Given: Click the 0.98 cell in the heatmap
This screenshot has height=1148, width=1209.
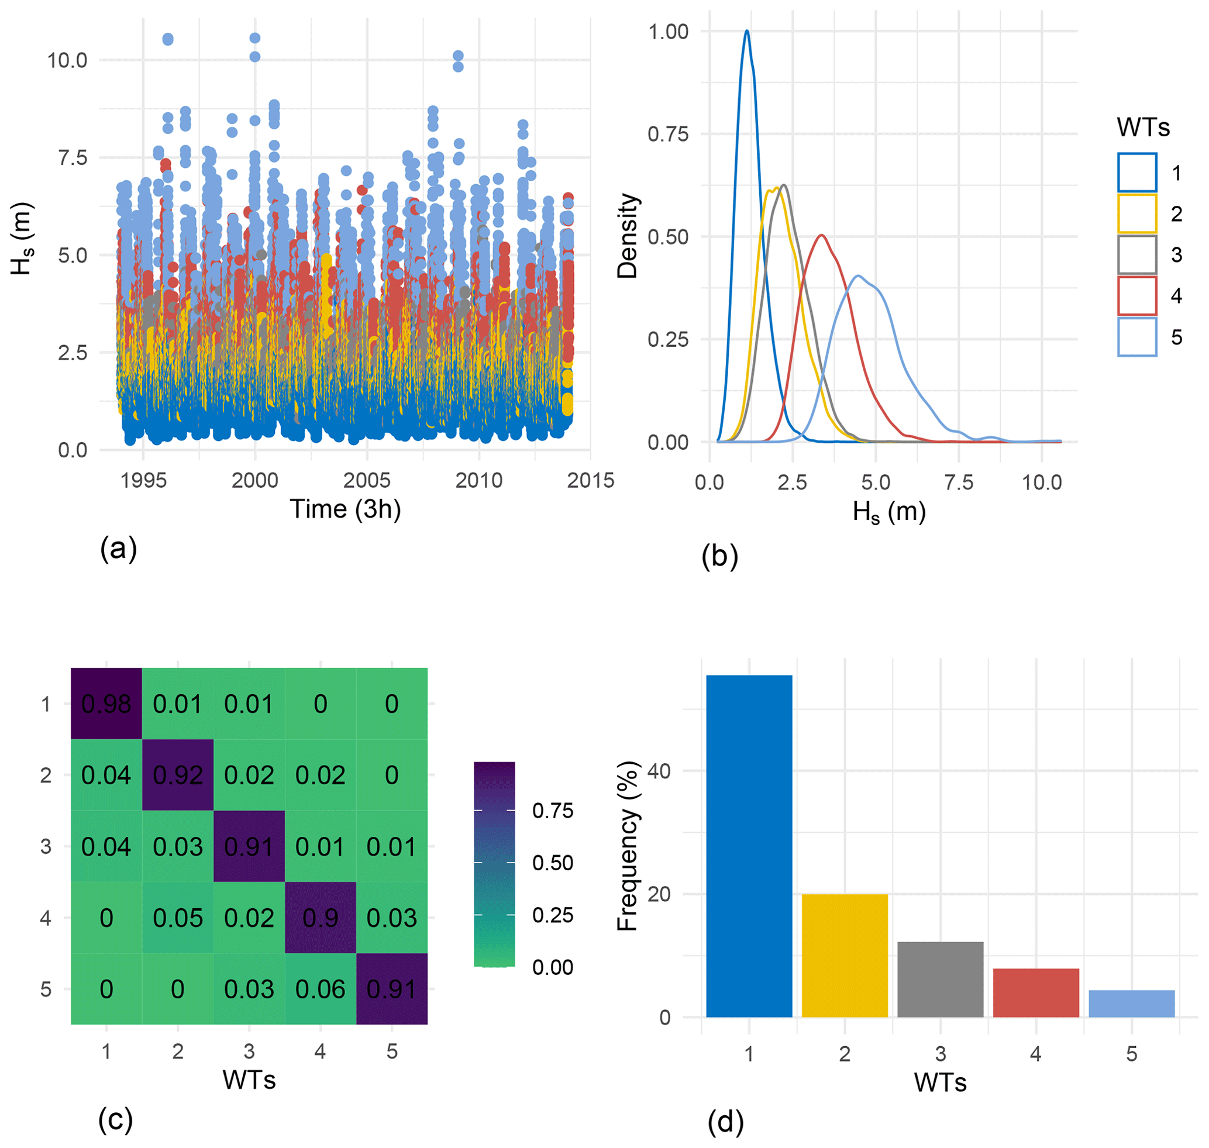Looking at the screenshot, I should [106, 704].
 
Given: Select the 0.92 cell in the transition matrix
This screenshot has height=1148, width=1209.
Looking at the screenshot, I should [178, 775].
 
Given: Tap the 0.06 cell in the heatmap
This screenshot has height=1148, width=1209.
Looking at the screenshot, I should [320, 989].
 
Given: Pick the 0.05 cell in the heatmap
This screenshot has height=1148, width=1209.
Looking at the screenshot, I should [178, 918].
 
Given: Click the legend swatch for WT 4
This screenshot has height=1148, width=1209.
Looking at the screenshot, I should [1137, 296].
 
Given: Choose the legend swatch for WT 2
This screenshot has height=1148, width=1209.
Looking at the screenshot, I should [1137, 214].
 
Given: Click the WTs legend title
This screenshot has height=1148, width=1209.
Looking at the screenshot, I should [1143, 127].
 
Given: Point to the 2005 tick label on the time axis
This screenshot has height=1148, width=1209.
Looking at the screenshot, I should [367, 480].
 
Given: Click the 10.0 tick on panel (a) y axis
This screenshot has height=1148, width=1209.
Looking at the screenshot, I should [67, 61].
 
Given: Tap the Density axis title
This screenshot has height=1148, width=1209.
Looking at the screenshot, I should [628, 236].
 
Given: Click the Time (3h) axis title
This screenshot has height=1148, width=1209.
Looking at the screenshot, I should [345, 509].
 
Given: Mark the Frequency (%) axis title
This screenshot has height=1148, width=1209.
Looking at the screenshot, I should [628, 847].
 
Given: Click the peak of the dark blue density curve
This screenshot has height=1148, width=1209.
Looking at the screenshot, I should [747, 30].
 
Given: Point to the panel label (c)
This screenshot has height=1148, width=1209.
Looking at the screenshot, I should [115, 1119].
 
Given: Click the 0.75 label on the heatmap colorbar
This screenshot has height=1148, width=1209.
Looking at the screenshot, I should [552, 811].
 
